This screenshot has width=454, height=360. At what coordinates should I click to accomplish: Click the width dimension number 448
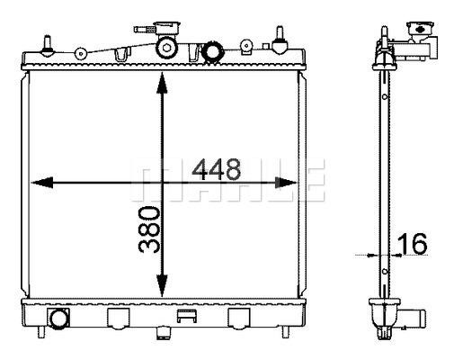217,169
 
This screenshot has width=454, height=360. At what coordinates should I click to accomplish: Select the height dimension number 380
149,229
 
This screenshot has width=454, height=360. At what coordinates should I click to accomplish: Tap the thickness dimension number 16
412,244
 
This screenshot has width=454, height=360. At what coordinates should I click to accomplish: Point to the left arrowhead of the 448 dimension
42,183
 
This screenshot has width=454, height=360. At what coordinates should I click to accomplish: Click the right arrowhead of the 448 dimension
286,183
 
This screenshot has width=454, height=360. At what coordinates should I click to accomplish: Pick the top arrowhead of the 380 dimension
162,83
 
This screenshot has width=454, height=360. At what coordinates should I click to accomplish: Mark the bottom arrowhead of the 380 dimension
162,286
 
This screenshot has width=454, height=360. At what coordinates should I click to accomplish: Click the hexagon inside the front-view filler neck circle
166,48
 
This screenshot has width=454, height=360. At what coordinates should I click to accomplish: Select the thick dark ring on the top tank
212,52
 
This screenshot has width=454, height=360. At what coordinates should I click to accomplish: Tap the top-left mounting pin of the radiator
48,46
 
